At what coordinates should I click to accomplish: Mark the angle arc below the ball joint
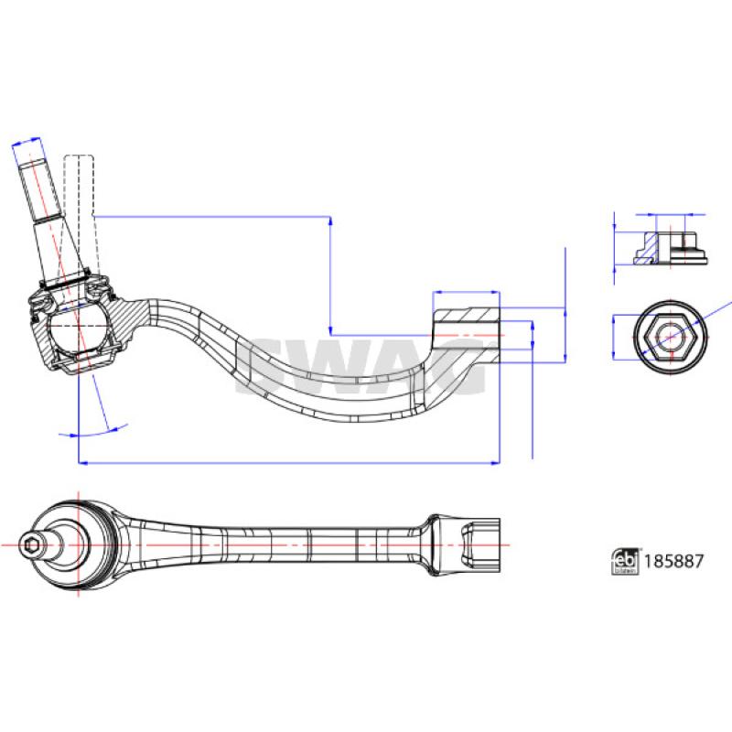[91, 430]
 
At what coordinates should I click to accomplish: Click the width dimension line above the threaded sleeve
[466, 293]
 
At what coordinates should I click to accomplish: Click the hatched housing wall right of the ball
[123, 320]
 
